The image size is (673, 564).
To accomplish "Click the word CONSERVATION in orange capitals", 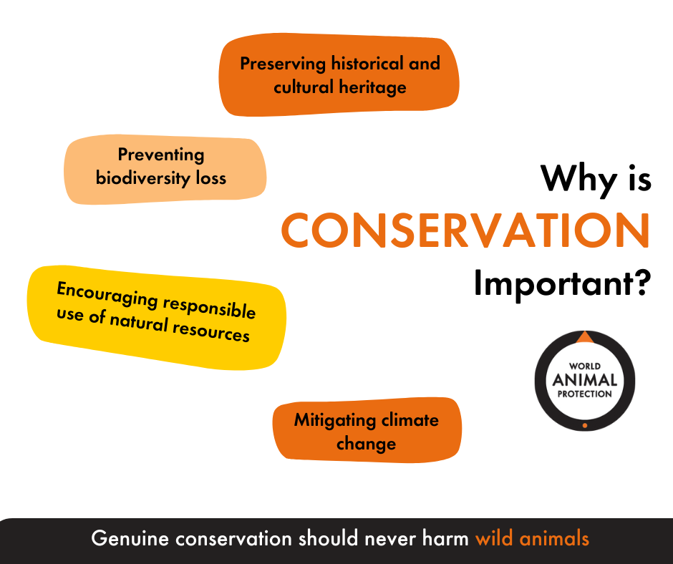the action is click(x=465, y=230).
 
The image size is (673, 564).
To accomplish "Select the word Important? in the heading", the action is click(x=563, y=285).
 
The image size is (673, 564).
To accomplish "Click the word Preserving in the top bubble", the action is click(x=283, y=64).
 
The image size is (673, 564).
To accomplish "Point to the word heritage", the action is click(x=372, y=88).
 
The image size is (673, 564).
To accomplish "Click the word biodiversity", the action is click(x=143, y=178).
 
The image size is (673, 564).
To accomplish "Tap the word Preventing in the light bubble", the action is click(x=161, y=155).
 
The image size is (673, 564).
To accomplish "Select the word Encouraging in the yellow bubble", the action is click(x=107, y=294).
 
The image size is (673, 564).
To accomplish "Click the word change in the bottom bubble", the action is click(x=366, y=444).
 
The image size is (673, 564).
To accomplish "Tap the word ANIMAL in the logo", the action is click(x=585, y=380).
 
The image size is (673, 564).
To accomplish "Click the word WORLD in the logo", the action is click(x=585, y=366).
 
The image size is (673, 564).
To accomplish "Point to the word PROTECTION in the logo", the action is click(x=585, y=394).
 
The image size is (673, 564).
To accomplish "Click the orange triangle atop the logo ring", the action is click(x=585, y=337).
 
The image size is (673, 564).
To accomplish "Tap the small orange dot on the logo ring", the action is click(x=585, y=425).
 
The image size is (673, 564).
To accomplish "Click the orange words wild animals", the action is click(x=532, y=538).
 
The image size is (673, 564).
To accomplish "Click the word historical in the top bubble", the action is click(x=367, y=64).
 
